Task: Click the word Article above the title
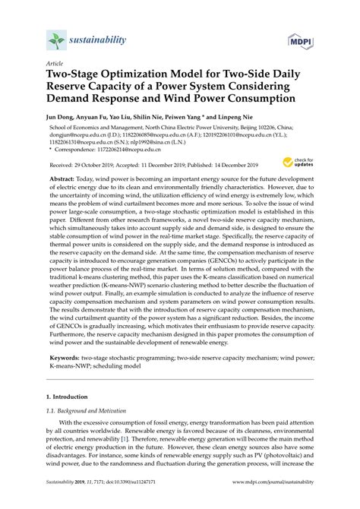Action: click(x=55, y=65)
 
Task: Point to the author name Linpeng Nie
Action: click(x=255, y=120)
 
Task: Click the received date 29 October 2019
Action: click(x=90, y=165)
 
